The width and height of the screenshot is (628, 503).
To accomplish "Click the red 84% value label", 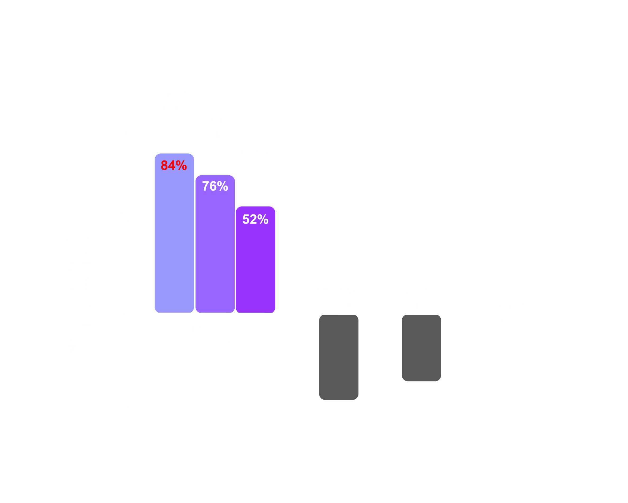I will point(174,165).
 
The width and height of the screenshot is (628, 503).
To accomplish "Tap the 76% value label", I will point(215,186).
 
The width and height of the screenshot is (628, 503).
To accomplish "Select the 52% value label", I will point(255,219).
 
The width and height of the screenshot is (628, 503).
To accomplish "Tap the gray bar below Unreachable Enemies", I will point(339,358).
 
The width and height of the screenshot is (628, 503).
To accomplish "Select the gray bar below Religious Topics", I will point(421,348).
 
